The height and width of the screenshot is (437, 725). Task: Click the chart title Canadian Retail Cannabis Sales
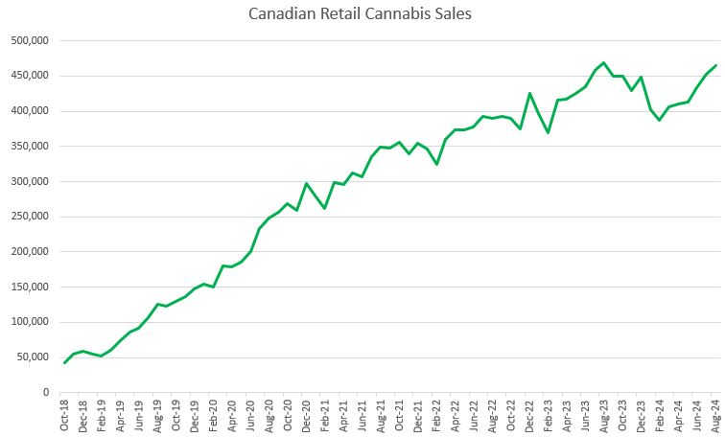[362, 14]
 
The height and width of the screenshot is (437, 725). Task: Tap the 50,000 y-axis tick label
[34, 357]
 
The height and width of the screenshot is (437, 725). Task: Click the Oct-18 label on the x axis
[64, 415]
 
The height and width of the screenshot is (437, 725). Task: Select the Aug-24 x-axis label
[716, 415]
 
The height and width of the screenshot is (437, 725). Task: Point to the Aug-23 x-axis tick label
[604, 415]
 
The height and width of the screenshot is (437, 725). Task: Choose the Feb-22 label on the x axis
[437, 415]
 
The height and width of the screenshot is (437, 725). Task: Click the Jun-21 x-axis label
[362, 415]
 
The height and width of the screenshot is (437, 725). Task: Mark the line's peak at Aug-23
[604, 62]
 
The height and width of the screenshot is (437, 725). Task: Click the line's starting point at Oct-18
[64, 362]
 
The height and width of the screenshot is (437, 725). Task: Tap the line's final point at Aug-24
[716, 65]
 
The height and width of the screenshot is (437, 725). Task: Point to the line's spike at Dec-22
[530, 93]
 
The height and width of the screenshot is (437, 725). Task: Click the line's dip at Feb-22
[437, 165]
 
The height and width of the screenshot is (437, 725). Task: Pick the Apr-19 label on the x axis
[121, 415]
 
